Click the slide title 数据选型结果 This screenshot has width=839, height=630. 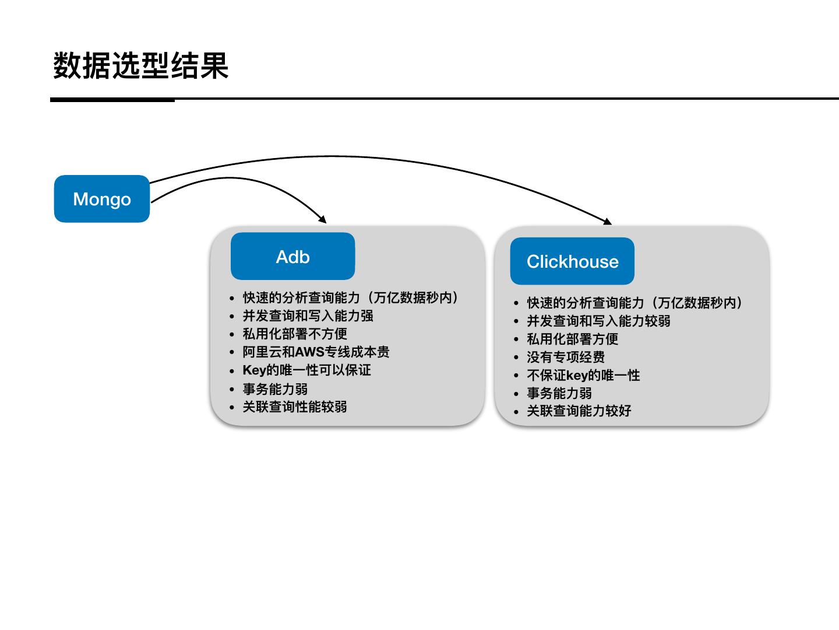tap(140, 65)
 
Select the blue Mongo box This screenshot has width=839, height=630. tap(102, 199)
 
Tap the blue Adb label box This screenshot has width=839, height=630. tap(292, 257)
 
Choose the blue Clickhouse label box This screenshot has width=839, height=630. tap(572, 261)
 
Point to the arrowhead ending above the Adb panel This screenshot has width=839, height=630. tap(323, 220)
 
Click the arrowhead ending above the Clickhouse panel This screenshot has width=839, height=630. tap(607, 221)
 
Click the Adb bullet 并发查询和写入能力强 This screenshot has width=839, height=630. tap(308, 316)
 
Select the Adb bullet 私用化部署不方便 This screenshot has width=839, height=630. tap(295, 334)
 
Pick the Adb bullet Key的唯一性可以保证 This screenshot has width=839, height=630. tap(306, 370)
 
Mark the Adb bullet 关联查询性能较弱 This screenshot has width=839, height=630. tap(295, 407)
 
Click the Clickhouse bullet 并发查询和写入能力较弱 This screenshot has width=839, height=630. tap(598, 321)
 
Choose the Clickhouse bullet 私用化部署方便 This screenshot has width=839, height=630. tap(572, 339)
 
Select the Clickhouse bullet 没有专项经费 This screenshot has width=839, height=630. tap(566, 357)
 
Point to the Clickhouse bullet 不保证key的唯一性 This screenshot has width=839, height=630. tap(583, 375)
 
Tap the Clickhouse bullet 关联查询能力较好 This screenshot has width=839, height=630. tap(579, 411)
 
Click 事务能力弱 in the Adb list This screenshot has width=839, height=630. tap(275, 389)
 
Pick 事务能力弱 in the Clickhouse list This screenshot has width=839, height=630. tap(559, 393)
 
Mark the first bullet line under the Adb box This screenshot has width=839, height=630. tap(350, 298)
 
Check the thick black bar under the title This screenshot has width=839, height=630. tap(112, 100)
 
